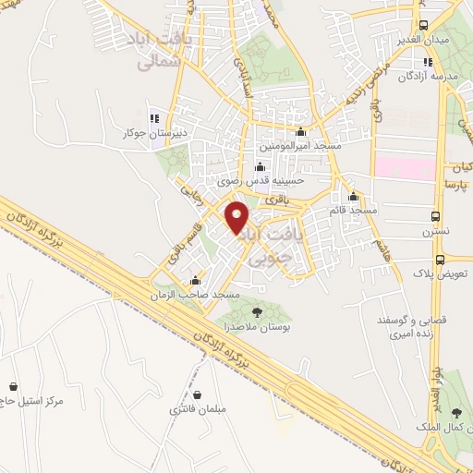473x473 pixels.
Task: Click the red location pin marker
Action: coord(238,216)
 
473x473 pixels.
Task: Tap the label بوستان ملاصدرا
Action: coord(256,329)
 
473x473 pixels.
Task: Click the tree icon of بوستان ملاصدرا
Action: coord(257,313)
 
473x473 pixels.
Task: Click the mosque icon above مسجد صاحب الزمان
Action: coord(195,281)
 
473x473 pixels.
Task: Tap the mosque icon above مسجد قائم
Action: coord(352,196)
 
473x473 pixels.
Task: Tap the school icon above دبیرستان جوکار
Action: coord(153,118)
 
